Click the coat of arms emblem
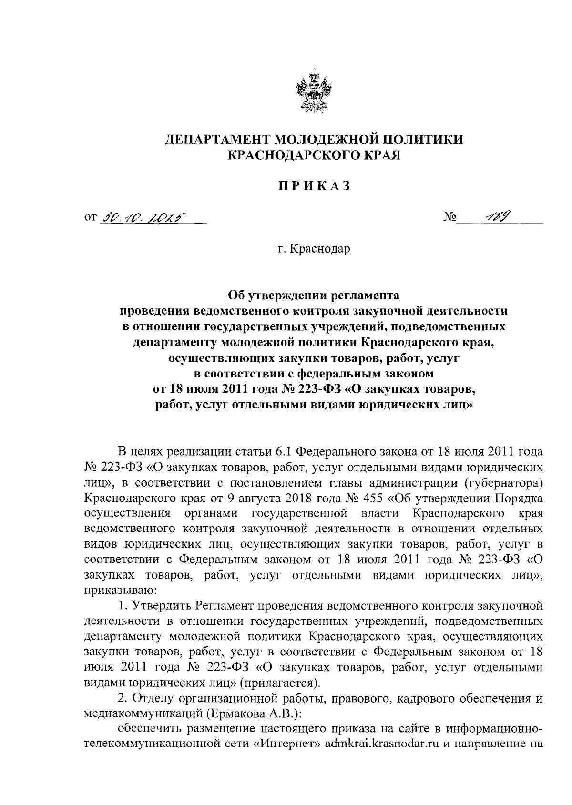[x=314, y=92]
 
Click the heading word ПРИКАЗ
[x=314, y=187]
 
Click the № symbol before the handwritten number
[x=450, y=219]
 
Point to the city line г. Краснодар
[x=314, y=249]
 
